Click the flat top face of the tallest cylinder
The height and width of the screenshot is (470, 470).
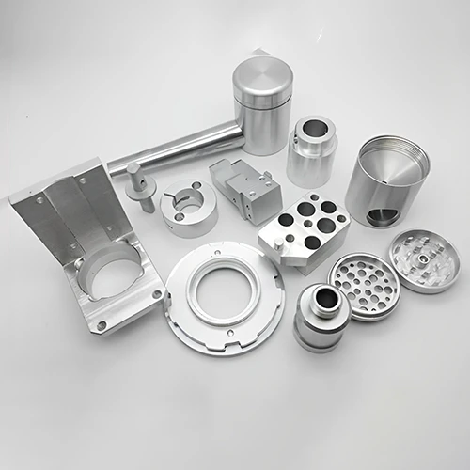(x=261, y=72)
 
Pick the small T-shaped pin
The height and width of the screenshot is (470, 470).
(x=139, y=184)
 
